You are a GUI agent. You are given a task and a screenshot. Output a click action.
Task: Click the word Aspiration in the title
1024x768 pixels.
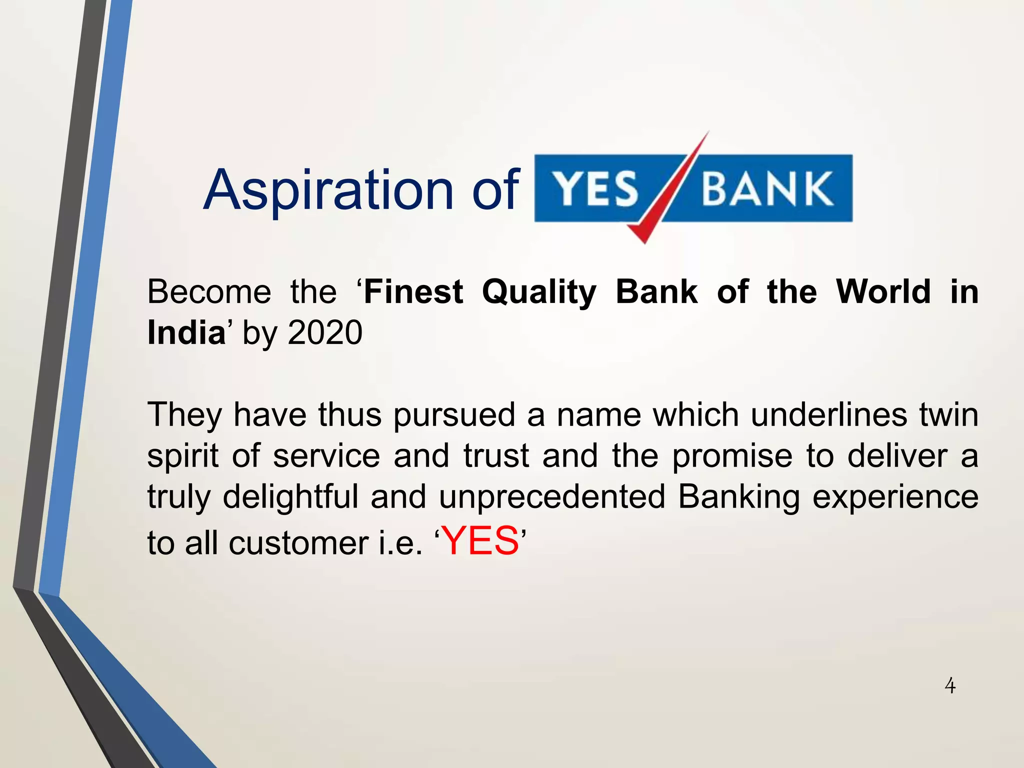pos(328,190)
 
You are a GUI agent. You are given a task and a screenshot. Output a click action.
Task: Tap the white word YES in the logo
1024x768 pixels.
pos(596,189)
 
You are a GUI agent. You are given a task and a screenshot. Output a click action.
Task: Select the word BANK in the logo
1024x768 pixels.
pos(767,189)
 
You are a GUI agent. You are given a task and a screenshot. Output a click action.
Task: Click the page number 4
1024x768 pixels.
pos(950,685)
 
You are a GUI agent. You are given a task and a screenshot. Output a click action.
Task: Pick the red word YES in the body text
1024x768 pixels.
pos(481,541)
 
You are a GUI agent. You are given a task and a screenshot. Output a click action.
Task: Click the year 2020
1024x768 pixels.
pos(325,332)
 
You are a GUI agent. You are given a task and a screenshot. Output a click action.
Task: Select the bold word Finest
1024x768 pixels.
pos(413,292)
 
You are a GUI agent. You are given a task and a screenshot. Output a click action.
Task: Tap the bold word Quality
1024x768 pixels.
pos(539,293)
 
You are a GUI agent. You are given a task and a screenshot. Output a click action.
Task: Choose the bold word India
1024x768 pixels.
pos(186,332)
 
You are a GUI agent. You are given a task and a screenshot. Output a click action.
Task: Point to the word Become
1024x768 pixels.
pos(209,292)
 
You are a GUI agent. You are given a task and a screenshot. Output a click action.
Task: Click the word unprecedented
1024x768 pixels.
pos(552,497)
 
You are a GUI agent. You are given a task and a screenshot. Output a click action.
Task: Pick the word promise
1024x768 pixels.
pos(732,456)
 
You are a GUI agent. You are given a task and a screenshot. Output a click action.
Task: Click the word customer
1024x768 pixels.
pos(298,543)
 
